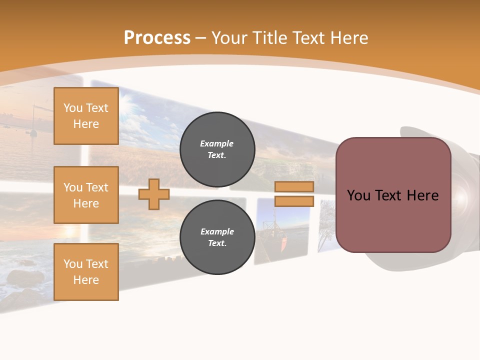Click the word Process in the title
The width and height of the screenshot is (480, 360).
pos(157,38)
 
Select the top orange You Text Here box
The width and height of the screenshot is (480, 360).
pos(86,116)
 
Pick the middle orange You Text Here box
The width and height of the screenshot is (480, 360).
pos(86,195)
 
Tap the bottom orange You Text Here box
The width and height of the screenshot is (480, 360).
pos(86,271)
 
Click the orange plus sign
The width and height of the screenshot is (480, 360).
pos(154,194)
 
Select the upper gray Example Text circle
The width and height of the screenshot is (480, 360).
pos(217,149)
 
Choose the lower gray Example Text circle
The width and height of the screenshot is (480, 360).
pos(217,237)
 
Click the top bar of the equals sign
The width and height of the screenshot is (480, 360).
pos(294,186)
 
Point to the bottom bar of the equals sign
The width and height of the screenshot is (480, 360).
pos(294,201)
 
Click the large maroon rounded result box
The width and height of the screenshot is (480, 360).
pos(393,195)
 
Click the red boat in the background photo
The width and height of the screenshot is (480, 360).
pos(283,243)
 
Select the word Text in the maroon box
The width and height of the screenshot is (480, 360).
pos(392,195)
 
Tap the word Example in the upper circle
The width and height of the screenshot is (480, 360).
pos(217,143)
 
